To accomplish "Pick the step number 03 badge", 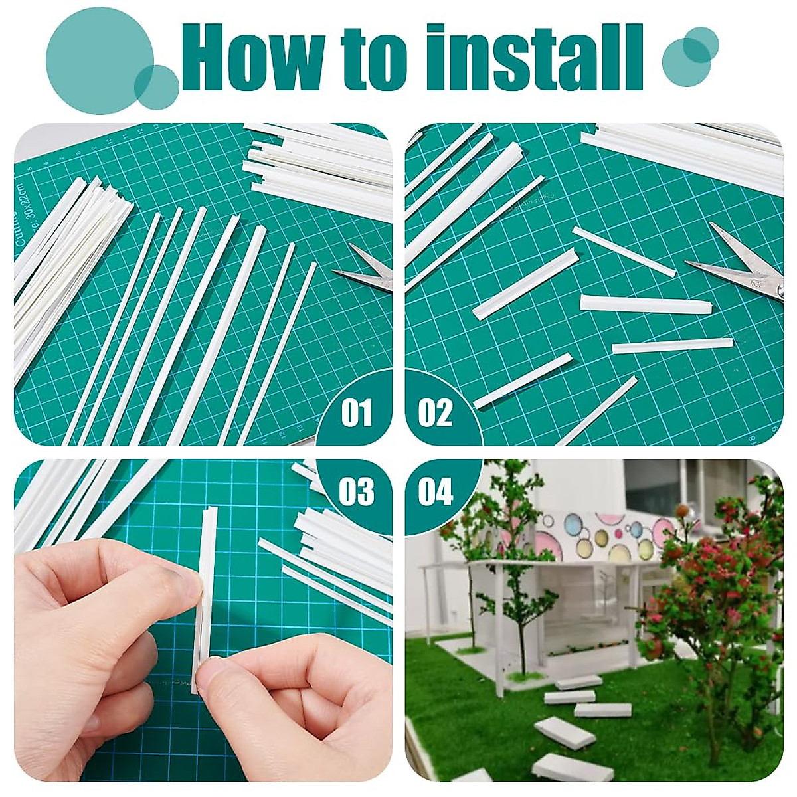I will point(357,492).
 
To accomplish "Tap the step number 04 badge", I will point(435,492).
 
